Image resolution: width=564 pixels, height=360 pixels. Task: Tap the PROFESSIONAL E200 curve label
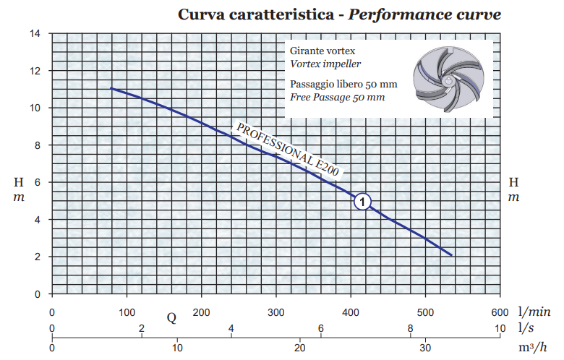(x=288, y=150)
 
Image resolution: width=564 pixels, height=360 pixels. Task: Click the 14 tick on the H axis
(x=35, y=33)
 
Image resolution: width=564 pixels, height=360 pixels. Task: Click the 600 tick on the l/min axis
(x=500, y=313)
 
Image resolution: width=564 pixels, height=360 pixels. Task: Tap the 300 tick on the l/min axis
(x=275, y=313)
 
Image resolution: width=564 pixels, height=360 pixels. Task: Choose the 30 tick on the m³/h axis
(x=426, y=348)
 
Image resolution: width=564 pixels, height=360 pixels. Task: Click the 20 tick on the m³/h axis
(x=302, y=348)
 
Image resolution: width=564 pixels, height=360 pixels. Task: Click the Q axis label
(x=171, y=318)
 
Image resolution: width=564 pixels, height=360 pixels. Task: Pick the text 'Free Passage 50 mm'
(x=337, y=97)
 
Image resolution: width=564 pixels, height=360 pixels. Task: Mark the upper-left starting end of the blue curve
(x=111, y=88)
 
